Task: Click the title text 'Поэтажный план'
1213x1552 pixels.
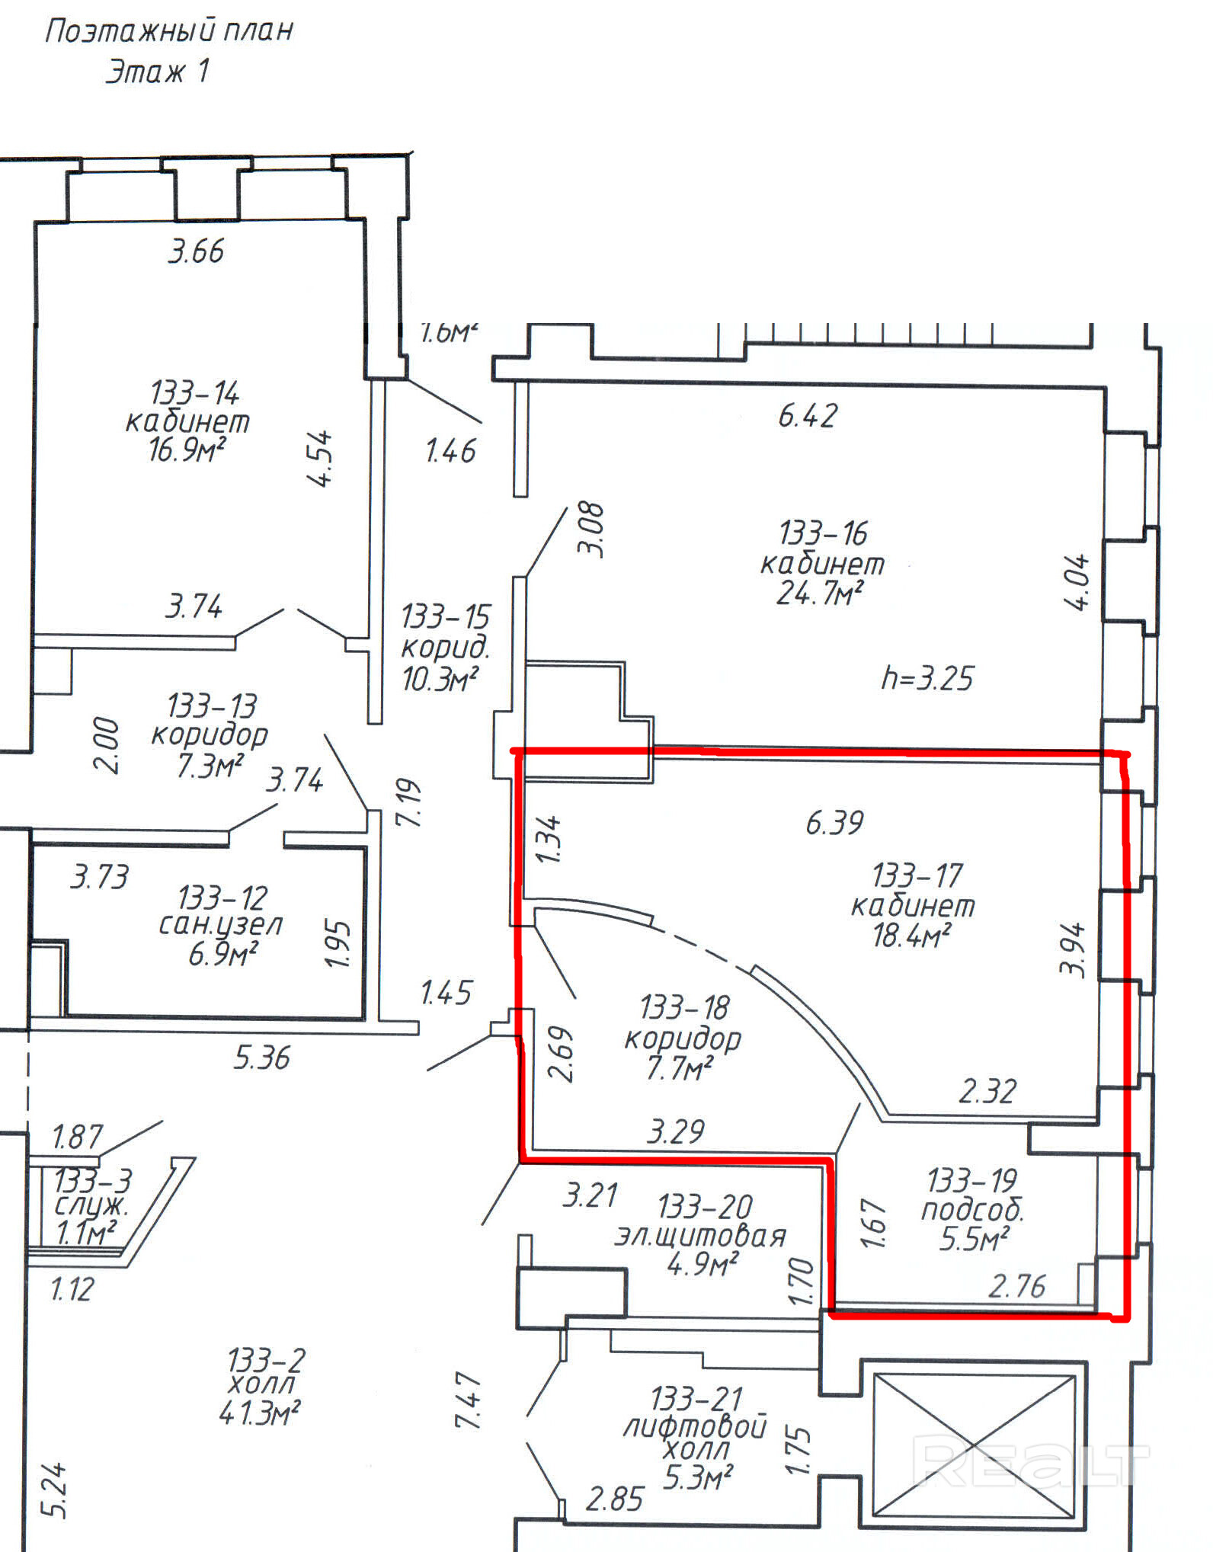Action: pyautogui.click(x=169, y=31)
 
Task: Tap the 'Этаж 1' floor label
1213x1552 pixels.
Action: pyautogui.click(x=157, y=72)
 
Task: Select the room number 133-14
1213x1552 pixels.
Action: pyautogui.click(x=195, y=393)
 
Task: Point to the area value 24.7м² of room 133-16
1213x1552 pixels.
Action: pyautogui.click(x=820, y=593)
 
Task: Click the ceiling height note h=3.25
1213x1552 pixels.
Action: pyautogui.click(x=927, y=678)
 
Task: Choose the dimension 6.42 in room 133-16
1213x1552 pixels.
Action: pyautogui.click(x=808, y=416)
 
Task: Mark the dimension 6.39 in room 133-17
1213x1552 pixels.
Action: pyautogui.click(x=835, y=823)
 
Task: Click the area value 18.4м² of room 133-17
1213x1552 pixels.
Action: pyautogui.click(x=911, y=935)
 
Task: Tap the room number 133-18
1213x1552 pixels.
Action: pyautogui.click(x=684, y=1008)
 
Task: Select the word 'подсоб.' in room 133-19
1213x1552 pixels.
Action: pyautogui.click(x=973, y=1211)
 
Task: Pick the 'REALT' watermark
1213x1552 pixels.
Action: pyautogui.click(x=1031, y=1461)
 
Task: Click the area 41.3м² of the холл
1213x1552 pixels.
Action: pyautogui.click(x=259, y=1414)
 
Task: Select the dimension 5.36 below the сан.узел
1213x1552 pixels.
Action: pyautogui.click(x=262, y=1058)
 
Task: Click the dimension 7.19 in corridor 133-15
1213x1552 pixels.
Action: pyautogui.click(x=408, y=802)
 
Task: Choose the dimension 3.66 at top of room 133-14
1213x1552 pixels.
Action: pyautogui.click(x=196, y=251)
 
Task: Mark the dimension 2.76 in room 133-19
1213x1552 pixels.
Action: pyautogui.click(x=1017, y=1287)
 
